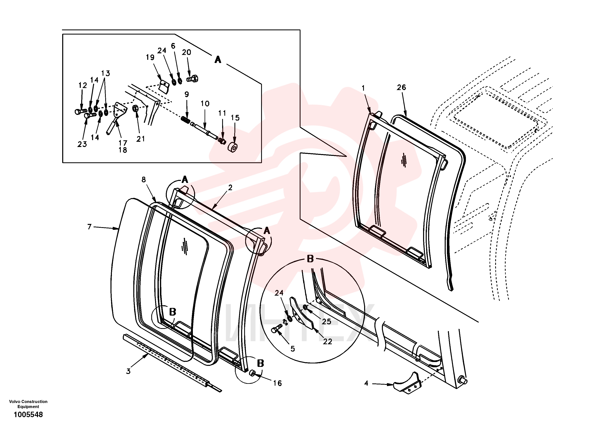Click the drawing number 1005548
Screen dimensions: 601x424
tap(28, 415)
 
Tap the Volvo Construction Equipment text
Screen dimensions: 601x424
tap(28, 404)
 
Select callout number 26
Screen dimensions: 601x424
tap(401, 87)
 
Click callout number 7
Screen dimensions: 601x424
tap(89, 227)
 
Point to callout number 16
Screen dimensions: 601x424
tap(277, 383)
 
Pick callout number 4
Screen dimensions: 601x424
tap(366, 383)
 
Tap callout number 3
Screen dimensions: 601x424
tap(128, 371)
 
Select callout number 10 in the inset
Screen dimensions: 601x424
tap(205, 104)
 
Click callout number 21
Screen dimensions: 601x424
tap(141, 139)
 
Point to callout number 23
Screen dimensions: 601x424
tap(82, 144)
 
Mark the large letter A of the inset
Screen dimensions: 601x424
tap(218, 60)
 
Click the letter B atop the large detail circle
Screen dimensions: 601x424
tap(310, 259)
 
